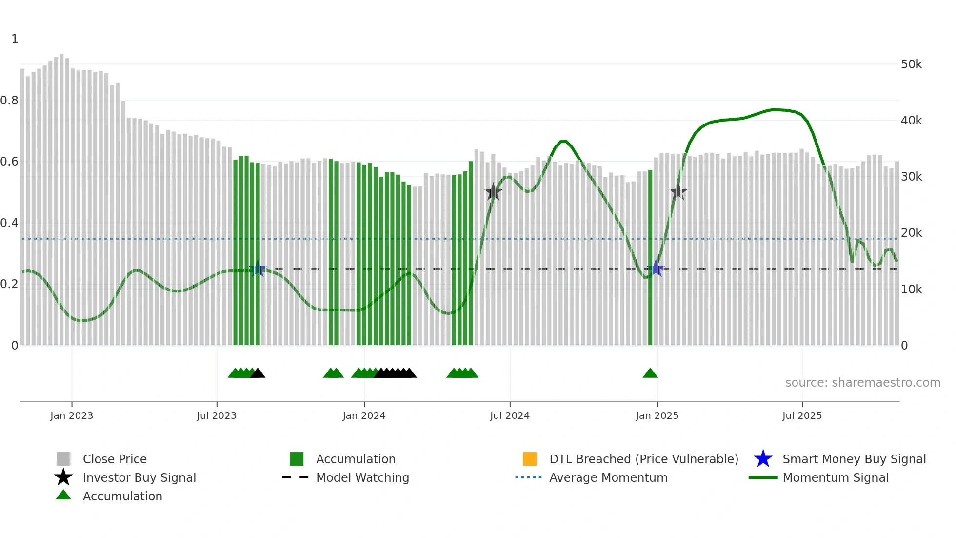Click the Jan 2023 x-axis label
point(71,415)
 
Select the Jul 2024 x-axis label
point(509,415)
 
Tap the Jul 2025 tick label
point(801,415)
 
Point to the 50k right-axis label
point(911,64)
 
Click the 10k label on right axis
point(911,290)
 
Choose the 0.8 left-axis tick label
point(9,101)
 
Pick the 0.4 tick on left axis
point(9,223)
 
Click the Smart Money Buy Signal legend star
point(763,459)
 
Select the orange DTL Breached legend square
point(530,459)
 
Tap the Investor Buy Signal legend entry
point(139,477)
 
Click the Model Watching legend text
point(362,477)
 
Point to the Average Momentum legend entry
point(608,477)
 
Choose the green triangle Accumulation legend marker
point(63,495)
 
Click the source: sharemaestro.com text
point(862,383)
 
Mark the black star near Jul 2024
point(493,192)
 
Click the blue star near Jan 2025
point(657,269)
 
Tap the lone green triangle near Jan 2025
point(650,373)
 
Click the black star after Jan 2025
point(678,192)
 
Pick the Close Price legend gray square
point(63,459)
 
